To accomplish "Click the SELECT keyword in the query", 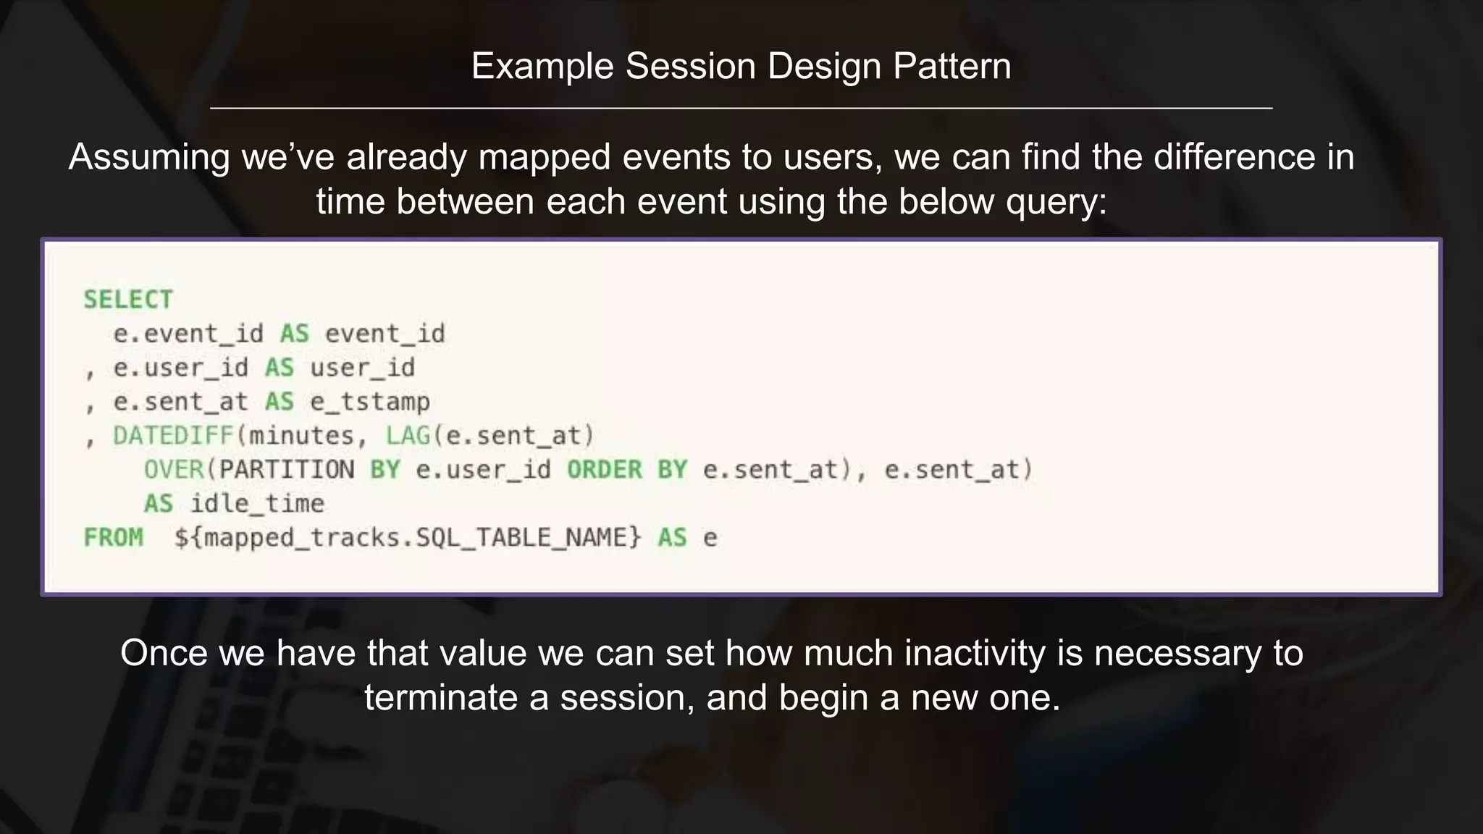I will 128,300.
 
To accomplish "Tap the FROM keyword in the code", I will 114,538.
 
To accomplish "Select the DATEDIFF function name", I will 173,436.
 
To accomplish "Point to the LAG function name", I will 408,436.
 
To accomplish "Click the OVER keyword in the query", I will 174,470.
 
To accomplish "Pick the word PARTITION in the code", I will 287,470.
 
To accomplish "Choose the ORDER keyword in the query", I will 605,470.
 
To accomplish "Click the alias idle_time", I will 257,504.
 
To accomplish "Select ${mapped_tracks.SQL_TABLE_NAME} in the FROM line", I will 408,538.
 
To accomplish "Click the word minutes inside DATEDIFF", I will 301,436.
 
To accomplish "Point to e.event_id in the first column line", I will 188,334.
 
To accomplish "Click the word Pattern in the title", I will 951,67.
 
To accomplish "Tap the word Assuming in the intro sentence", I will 149,158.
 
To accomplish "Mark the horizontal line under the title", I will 741,109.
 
